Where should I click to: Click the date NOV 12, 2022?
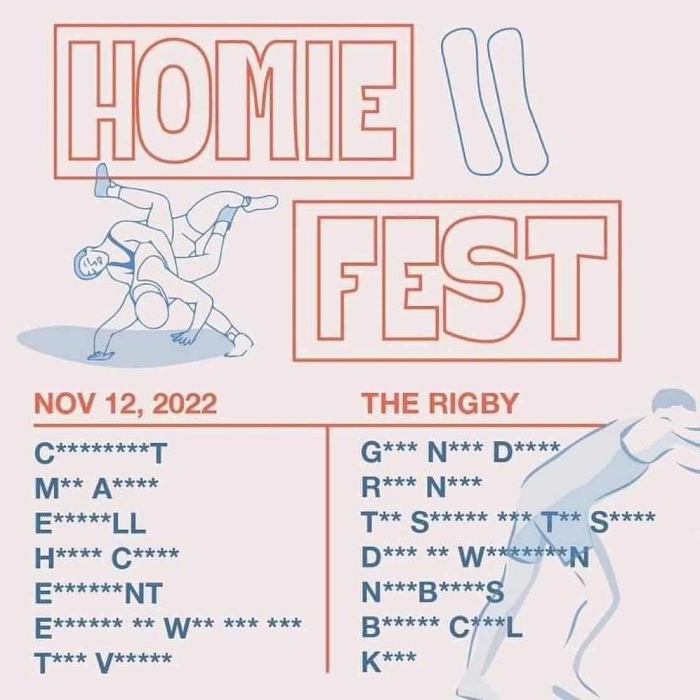[126, 404]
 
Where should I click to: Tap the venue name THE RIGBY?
[440, 404]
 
